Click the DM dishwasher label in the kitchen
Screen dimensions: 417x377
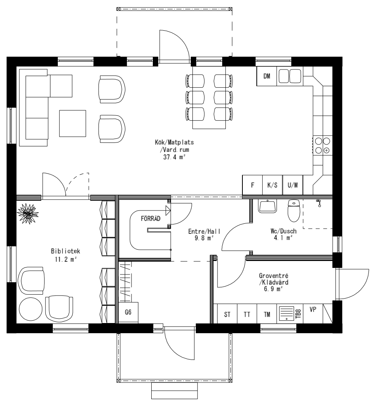point(267,76)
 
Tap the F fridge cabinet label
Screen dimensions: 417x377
point(252,185)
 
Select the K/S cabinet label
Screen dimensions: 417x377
point(272,185)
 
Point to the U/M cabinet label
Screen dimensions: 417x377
point(292,185)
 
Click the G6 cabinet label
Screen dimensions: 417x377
point(128,312)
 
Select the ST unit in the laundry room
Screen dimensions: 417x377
point(227,314)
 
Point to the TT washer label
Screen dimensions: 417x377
point(247,314)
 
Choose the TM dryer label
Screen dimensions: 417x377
point(267,314)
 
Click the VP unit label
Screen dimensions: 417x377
point(313,310)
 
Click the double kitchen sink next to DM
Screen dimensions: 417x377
point(289,76)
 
